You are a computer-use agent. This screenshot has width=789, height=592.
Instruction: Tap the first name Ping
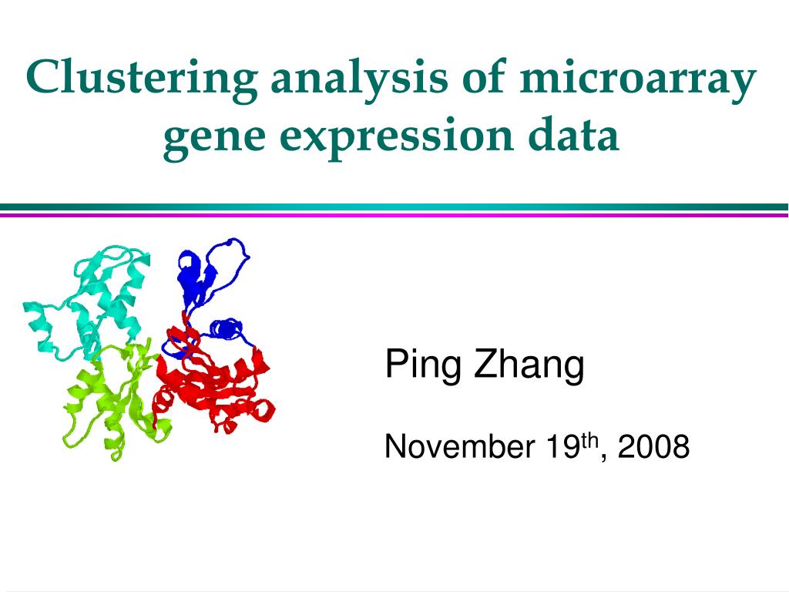click(x=423, y=365)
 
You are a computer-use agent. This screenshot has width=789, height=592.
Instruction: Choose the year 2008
click(x=653, y=446)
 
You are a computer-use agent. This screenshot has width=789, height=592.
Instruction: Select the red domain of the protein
click(x=216, y=385)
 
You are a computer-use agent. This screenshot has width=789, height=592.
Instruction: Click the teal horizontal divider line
click(x=394, y=207)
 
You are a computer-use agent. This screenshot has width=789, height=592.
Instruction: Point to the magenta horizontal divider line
click(x=394, y=215)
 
